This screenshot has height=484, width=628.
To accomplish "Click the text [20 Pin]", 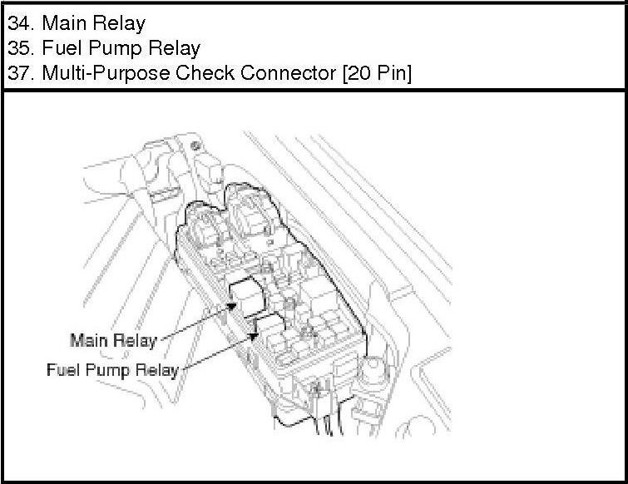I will click(377, 74).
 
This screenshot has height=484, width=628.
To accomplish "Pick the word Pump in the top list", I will click(111, 48).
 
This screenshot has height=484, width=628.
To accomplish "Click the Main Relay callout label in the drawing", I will click(112, 340).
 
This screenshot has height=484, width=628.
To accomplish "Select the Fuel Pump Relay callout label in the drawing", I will click(111, 369).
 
